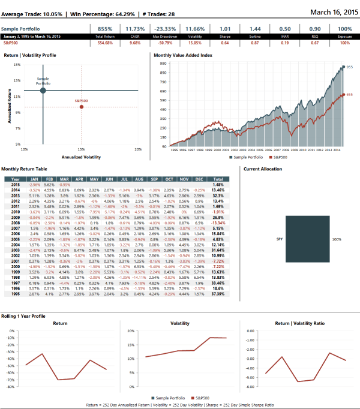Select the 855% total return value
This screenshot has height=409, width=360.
click(x=105, y=28)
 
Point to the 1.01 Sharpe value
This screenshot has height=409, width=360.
click(x=225, y=28)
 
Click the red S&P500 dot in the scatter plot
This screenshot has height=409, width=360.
click(x=81, y=107)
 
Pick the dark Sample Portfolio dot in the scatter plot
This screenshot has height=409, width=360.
click(x=43, y=91)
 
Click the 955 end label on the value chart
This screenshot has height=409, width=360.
click(x=349, y=68)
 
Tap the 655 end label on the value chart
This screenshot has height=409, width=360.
click(x=349, y=94)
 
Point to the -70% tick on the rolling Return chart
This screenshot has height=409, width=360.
click(x=11, y=380)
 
